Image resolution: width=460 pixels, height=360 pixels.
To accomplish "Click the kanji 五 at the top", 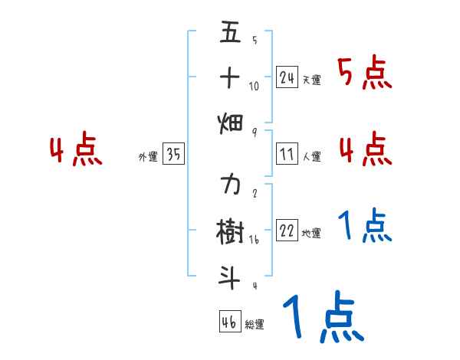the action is (x=230, y=33).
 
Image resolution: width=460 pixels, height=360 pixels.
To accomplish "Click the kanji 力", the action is (x=230, y=185).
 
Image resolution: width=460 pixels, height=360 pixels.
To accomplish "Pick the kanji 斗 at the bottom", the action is (x=230, y=274).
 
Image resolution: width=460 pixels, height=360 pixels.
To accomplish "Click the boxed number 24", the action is (x=287, y=77).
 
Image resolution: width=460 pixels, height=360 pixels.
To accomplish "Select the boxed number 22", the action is (x=287, y=231).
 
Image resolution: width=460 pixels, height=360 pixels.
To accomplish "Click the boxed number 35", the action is (x=173, y=155).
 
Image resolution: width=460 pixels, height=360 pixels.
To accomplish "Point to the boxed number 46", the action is (x=229, y=322).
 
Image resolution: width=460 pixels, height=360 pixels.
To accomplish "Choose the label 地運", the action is (x=311, y=234).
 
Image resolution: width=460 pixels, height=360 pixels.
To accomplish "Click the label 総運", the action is (x=255, y=325).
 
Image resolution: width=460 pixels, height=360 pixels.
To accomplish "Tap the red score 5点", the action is (x=365, y=73).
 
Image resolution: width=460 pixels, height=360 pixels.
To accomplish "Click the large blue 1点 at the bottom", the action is (x=322, y=318).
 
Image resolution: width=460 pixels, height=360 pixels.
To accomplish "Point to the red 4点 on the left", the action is (x=77, y=150).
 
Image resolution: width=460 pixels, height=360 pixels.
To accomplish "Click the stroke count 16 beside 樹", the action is (x=255, y=240).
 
